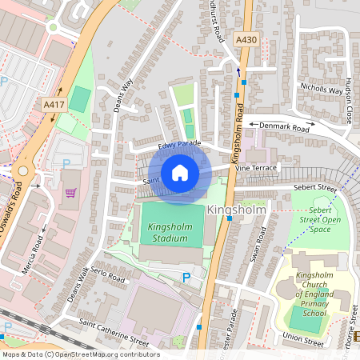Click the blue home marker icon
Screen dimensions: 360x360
tap(180, 173)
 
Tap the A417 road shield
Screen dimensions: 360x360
tap(54, 104)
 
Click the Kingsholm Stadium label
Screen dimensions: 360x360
tap(170, 232)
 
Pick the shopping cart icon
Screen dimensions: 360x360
tap(71, 193)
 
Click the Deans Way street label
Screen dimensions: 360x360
tap(122, 94)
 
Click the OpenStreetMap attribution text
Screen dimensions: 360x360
tap(80, 354)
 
